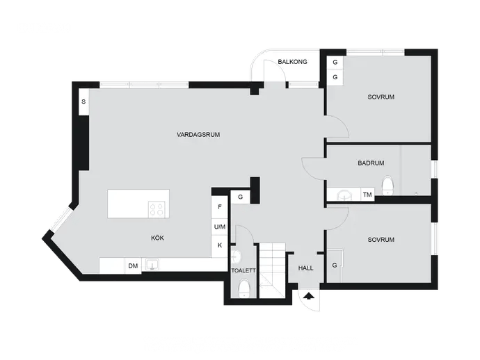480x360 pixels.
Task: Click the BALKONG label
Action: (x=292, y=62)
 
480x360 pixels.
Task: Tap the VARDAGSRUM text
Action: (x=198, y=135)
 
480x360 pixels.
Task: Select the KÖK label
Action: (x=157, y=238)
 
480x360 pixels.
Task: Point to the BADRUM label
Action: (x=371, y=163)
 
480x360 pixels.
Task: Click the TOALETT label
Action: (x=243, y=270)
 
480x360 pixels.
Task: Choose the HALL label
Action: (x=306, y=268)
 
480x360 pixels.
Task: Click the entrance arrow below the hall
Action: (x=310, y=296)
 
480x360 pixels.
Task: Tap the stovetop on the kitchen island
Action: (x=157, y=209)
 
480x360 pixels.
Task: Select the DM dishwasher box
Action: (x=133, y=265)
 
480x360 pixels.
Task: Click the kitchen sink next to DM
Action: (x=152, y=265)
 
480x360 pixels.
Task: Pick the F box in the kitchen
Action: (x=220, y=207)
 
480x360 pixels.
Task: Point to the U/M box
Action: (x=220, y=227)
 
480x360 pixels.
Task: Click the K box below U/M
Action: (x=220, y=245)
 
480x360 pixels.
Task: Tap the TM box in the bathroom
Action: (x=367, y=195)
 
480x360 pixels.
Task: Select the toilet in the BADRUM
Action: (x=387, y=185)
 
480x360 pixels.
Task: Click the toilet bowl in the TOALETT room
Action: (x=244, y=288)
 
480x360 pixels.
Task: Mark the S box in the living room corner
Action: (x=83, y=102)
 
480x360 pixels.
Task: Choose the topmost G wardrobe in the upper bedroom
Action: (x=335, y=63)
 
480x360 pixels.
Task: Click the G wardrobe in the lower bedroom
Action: (x=335, y=265)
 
